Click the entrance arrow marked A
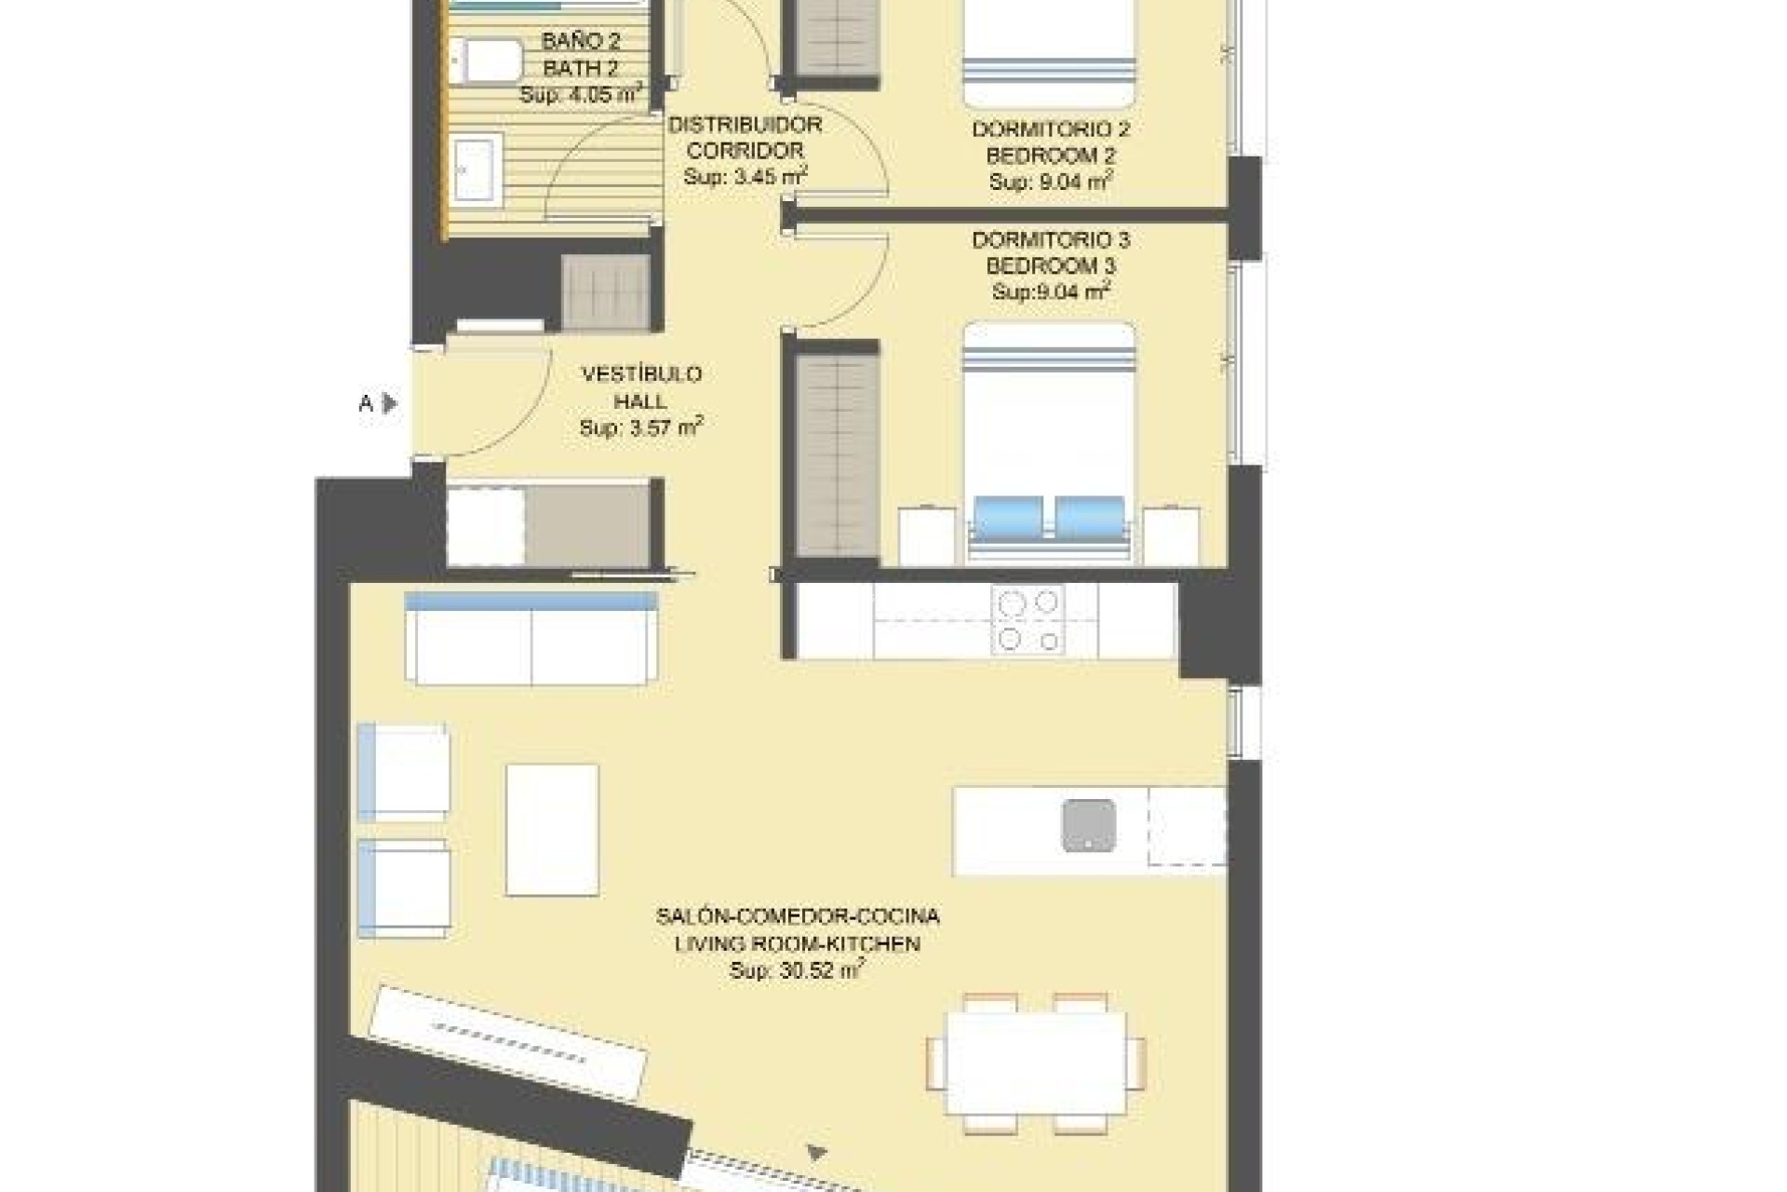tap(390, 403)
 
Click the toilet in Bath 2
tap(487, 61)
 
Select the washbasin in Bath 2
tap(477, 169)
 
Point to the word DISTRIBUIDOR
tap(745, 125)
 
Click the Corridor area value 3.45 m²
tap(745, 177)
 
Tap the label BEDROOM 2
tap(1051, 156)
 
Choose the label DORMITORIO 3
tap(1051, 240)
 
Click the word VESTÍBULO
tap(641, 374)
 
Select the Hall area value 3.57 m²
tap(641, 428)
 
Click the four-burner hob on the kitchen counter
tap(1028, 620)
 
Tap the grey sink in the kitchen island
tap(1088, 825)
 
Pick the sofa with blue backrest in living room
tap(531, 639)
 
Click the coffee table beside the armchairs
tap(552, 830)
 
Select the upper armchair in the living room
tap(404, 772)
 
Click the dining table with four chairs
tap(1036, 1063)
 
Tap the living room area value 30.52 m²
tap(798, 971)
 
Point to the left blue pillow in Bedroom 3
tap(1008, 517)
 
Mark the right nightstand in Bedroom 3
tap(1170, 535)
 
